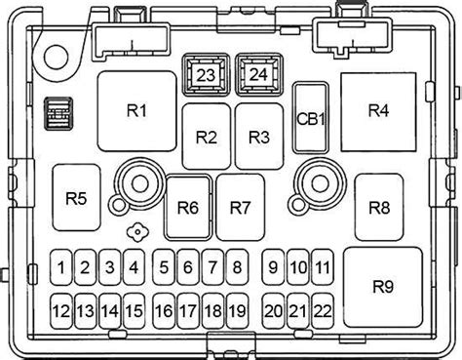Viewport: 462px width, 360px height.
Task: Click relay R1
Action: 136,111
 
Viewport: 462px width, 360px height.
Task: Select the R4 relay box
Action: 378,112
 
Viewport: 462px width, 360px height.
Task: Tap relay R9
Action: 383,287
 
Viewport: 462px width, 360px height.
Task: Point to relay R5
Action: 76,198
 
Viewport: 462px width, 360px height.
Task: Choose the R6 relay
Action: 188,208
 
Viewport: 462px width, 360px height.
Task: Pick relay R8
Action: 379,208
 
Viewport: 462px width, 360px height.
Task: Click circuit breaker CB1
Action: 311,118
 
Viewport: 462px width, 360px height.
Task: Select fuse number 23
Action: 206,75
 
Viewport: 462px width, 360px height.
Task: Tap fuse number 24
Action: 258,74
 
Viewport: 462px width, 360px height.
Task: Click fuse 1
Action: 60,267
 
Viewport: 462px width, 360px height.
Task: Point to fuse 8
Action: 237,267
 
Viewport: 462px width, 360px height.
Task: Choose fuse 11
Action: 323,267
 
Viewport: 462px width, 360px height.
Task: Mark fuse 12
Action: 60,311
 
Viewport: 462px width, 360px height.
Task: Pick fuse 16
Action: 164,311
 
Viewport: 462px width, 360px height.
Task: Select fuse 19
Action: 237,311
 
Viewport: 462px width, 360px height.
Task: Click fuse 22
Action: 323,311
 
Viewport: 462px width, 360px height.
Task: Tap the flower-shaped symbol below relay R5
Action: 137,232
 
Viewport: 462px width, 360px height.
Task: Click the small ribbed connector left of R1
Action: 58,114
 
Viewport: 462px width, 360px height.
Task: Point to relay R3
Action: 259,137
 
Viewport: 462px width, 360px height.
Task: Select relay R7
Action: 240,208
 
